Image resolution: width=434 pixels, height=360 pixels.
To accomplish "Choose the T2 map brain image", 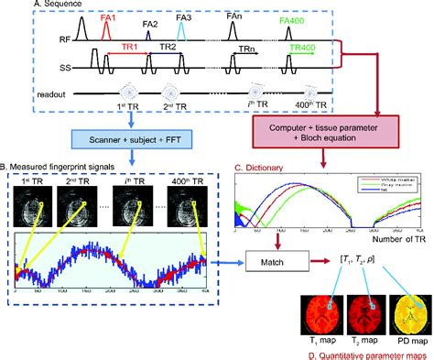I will coord(360,315).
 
